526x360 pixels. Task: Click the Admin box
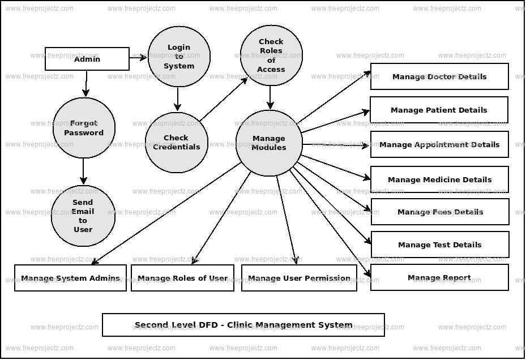(87, 59)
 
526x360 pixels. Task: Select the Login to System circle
(179, 57)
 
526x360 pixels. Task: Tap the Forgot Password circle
(84, 128)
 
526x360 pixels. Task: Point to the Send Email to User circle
(83, 216)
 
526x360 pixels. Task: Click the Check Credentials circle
(177, 143)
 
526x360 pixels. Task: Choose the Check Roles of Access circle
(271, 55)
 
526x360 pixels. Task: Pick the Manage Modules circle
(269, 143)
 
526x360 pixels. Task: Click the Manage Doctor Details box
(439, 76)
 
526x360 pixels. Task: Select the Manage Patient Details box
(439, 110)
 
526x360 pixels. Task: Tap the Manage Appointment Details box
(439, 144)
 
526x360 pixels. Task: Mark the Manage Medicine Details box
(439, 179)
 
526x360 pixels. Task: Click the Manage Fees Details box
(440, 212)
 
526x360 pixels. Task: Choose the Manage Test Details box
(440, 245)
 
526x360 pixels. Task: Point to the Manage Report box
(439, 277)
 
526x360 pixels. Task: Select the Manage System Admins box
(70, 278)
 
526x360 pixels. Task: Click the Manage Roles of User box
(182, 278)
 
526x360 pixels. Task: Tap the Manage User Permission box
(299, 278)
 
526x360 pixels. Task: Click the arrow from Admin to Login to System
(138, 58)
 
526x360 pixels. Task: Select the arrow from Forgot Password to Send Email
(84, 171)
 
